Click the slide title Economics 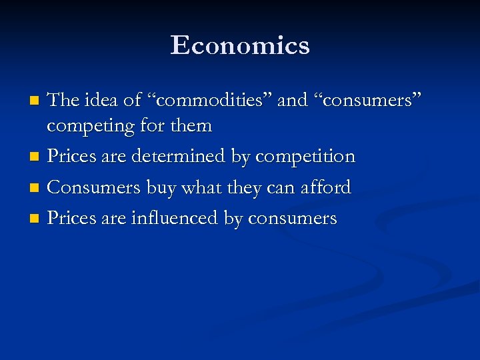(240, 46)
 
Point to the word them (191, 125)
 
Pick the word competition (305, 157)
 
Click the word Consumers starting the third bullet (94, 187)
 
